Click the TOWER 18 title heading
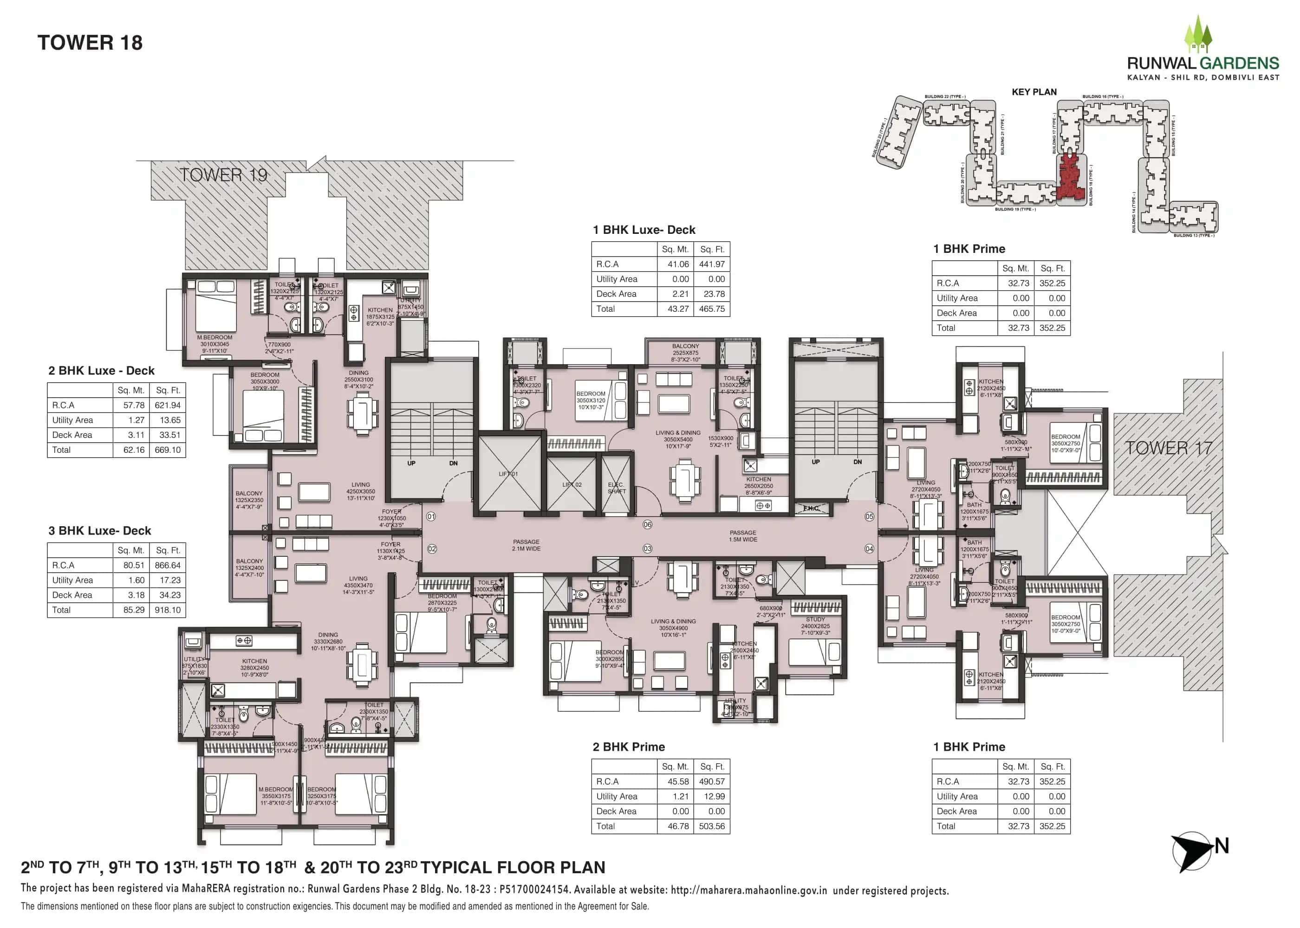tap(90, 43)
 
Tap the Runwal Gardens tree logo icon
tap(1197, 35)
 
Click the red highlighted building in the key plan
tap(1070, 178)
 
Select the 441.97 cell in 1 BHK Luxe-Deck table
tap(711, 264)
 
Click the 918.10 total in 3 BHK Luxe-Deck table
tap(167, 610)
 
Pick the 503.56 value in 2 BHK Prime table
tap(711, 826)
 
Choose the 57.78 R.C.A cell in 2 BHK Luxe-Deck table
tap(133, 405)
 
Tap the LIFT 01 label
tap(507, 474)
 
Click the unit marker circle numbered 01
tap(431, 516)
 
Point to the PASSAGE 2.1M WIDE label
tap(526, 545)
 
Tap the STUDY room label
tap(815, 619)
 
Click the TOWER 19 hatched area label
tap(223, 175)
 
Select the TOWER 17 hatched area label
tap(1168, 448)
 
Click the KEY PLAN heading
tap(1033, 92)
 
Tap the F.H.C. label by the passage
tap(810, 509)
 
